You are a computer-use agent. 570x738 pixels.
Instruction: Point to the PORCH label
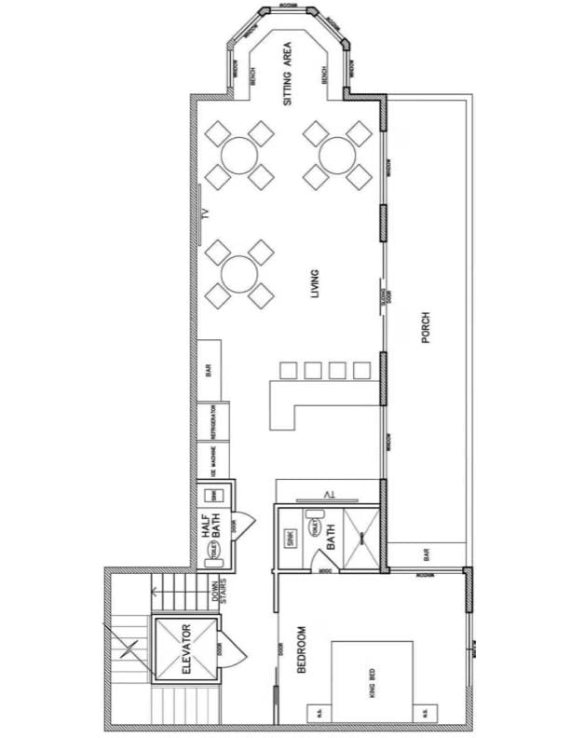(426, 332)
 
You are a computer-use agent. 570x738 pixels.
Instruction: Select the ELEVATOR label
(185, 649)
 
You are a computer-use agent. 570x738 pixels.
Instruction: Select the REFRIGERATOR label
(213, 422)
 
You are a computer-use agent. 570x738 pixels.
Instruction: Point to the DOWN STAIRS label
(220, 594)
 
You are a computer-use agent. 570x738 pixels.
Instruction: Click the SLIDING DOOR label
(385, 298)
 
